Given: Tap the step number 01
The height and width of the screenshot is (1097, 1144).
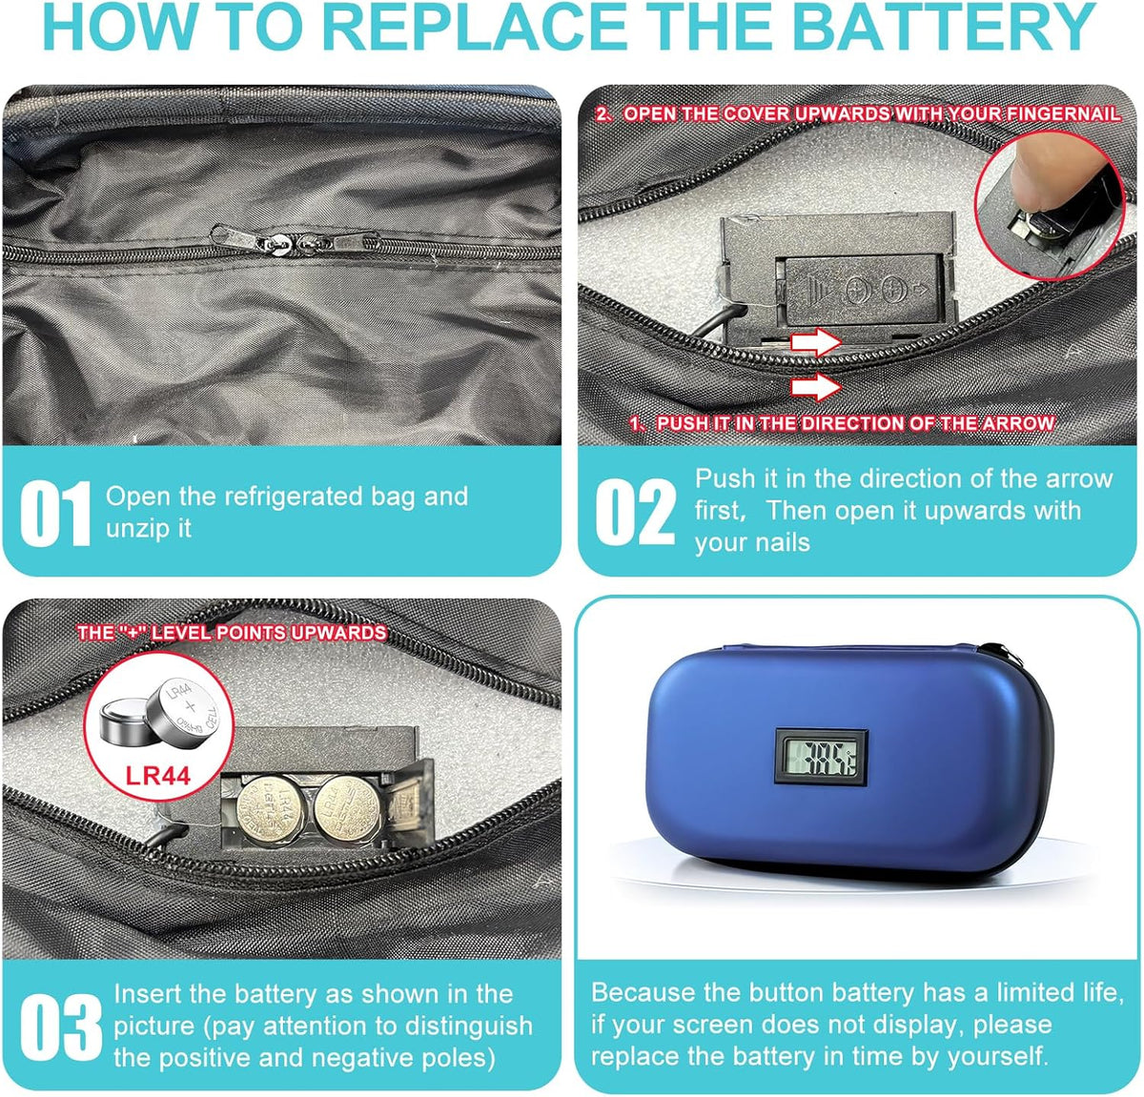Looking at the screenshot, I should coord(55,514).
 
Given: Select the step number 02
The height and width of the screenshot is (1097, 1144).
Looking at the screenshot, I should coord(636,512).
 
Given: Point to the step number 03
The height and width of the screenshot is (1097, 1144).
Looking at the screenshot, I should coord(60,1026).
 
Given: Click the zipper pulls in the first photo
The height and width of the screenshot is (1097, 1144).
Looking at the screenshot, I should coord(286,240).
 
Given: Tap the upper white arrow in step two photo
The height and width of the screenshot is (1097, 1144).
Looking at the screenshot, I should coord(817,341).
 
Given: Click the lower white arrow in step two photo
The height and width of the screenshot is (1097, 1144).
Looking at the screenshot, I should coord(817,387).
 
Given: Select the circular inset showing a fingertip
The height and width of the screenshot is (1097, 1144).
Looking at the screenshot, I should coord(1049,205).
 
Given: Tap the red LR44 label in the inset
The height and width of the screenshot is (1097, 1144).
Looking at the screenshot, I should coord(158,775).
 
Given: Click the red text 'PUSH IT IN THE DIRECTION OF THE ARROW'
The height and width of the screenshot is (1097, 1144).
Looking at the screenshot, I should coord(844,423).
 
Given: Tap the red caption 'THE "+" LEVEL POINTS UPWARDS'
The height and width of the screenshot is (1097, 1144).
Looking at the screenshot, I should coord(232,633).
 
